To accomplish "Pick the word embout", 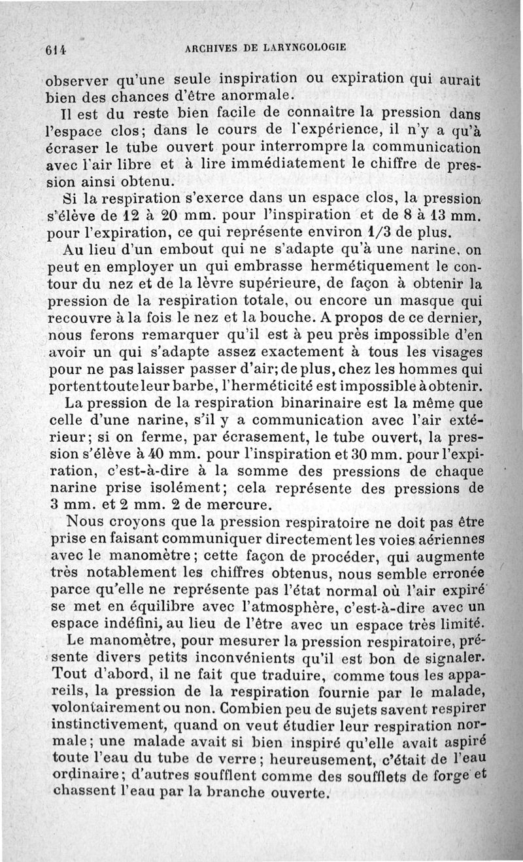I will click(178, 249).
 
